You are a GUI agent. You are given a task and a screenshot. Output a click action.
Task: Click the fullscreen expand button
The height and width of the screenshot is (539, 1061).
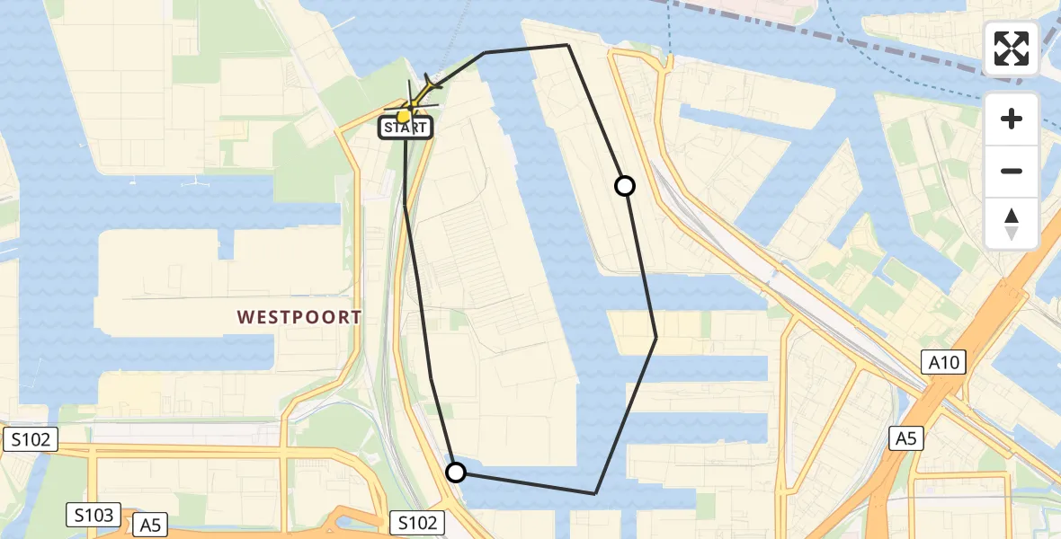(x=1012, y=49)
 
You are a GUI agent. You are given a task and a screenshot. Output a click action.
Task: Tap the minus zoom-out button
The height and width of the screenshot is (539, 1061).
(x=1012, y=171)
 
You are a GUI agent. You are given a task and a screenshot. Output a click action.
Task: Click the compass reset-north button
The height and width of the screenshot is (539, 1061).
(x=1012, y=224)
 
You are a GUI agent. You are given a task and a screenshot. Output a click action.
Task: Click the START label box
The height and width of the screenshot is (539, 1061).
(x=406, y=128)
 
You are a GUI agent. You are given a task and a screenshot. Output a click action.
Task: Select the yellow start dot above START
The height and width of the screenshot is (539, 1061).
(x=404, y=115)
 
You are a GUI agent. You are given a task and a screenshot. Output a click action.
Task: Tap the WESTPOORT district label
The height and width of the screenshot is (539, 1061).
(x=299, y=317)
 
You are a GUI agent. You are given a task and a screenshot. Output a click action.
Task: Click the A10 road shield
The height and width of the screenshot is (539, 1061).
(x=944, y=363)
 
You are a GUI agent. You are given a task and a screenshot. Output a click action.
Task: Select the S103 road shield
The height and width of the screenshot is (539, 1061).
(x=94, y=516)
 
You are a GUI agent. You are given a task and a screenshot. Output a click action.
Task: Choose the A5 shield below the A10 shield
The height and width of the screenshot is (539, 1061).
(x=906, y=438)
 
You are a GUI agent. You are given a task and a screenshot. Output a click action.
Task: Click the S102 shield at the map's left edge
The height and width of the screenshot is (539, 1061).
(x=30, y=439)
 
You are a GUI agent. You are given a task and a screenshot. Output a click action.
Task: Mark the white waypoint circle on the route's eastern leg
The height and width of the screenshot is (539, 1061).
(x=625, y=186)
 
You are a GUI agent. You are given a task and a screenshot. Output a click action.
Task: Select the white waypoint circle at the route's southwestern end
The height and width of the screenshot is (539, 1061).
(x=456, y=473)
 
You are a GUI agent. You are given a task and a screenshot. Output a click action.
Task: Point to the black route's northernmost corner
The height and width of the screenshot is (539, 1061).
(x=567, y=44)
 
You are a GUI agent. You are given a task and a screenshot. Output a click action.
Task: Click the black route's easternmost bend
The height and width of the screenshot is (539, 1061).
(x=655, y=338)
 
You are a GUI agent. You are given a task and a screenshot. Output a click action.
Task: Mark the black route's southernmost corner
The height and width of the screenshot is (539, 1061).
(x=595, y=493)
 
